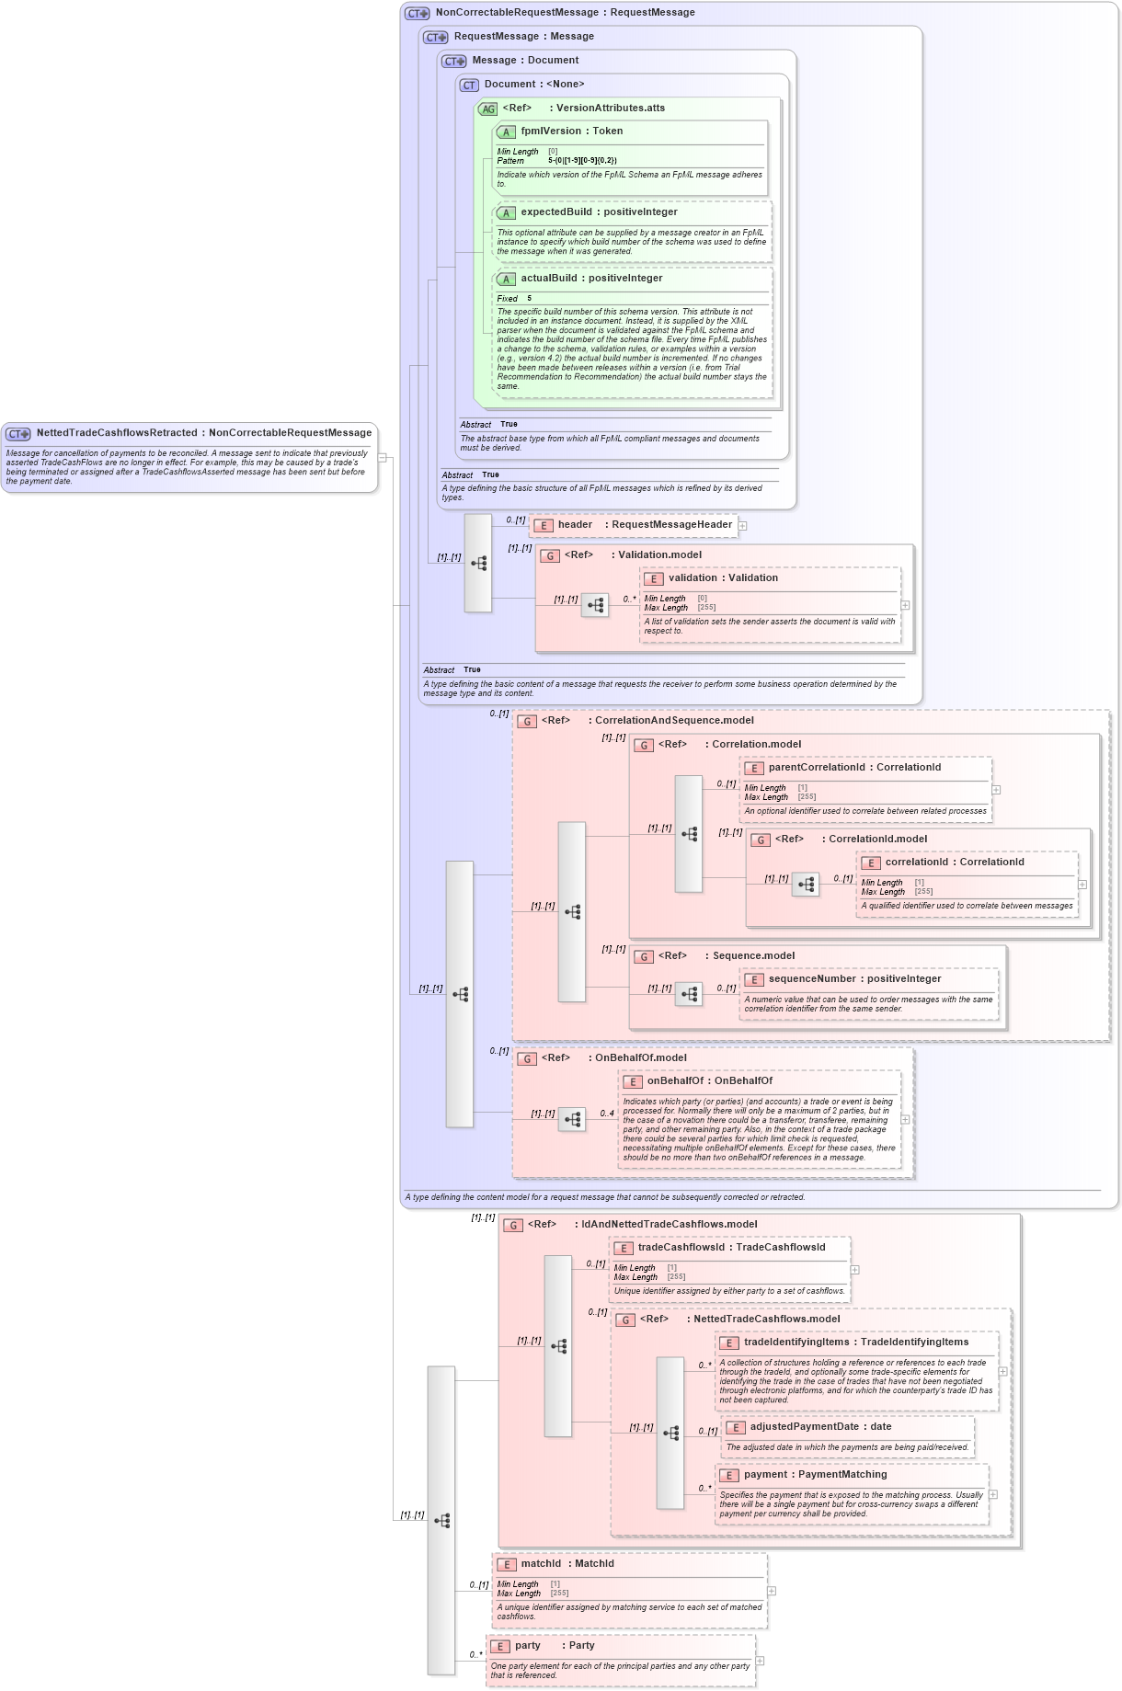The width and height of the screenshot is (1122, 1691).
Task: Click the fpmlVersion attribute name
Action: [x=550, y=131]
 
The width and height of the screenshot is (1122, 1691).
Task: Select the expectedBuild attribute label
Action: [x=556, y=212]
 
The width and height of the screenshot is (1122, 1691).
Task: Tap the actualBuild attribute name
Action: [x=549, y=279]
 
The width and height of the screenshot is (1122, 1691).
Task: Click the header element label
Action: [x=575, y=525]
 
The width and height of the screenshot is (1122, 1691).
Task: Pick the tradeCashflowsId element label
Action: [x=681, y=1248]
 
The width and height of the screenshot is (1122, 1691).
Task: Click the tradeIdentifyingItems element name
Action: [x=796, y=1343]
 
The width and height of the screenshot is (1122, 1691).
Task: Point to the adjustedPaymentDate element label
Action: [x=804, y=1427]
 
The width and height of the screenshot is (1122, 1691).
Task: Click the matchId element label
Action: [x=541, y=1564]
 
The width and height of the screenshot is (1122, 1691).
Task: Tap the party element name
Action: [x=528, y=1646]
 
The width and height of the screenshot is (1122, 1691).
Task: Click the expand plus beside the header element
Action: [x=743, y=526]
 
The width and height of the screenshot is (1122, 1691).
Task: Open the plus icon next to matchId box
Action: [x=772, y=1591]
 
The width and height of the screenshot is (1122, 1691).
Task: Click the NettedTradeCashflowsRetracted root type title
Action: [x=117, y=433]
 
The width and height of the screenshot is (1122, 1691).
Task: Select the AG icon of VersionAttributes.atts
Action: [x=487, y=109]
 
